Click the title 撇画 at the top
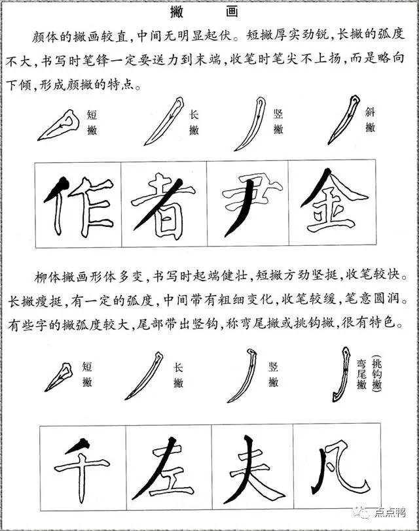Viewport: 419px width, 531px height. pos(209,11)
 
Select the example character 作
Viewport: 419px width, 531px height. pos(79,204)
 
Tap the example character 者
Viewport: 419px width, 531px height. pos(164,204)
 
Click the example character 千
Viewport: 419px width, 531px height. pos(81,467)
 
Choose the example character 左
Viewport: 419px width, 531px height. pos(166,467)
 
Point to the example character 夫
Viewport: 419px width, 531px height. pos(252,467)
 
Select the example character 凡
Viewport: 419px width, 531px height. pos(337,467)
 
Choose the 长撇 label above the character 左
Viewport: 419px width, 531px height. pos(178,375)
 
